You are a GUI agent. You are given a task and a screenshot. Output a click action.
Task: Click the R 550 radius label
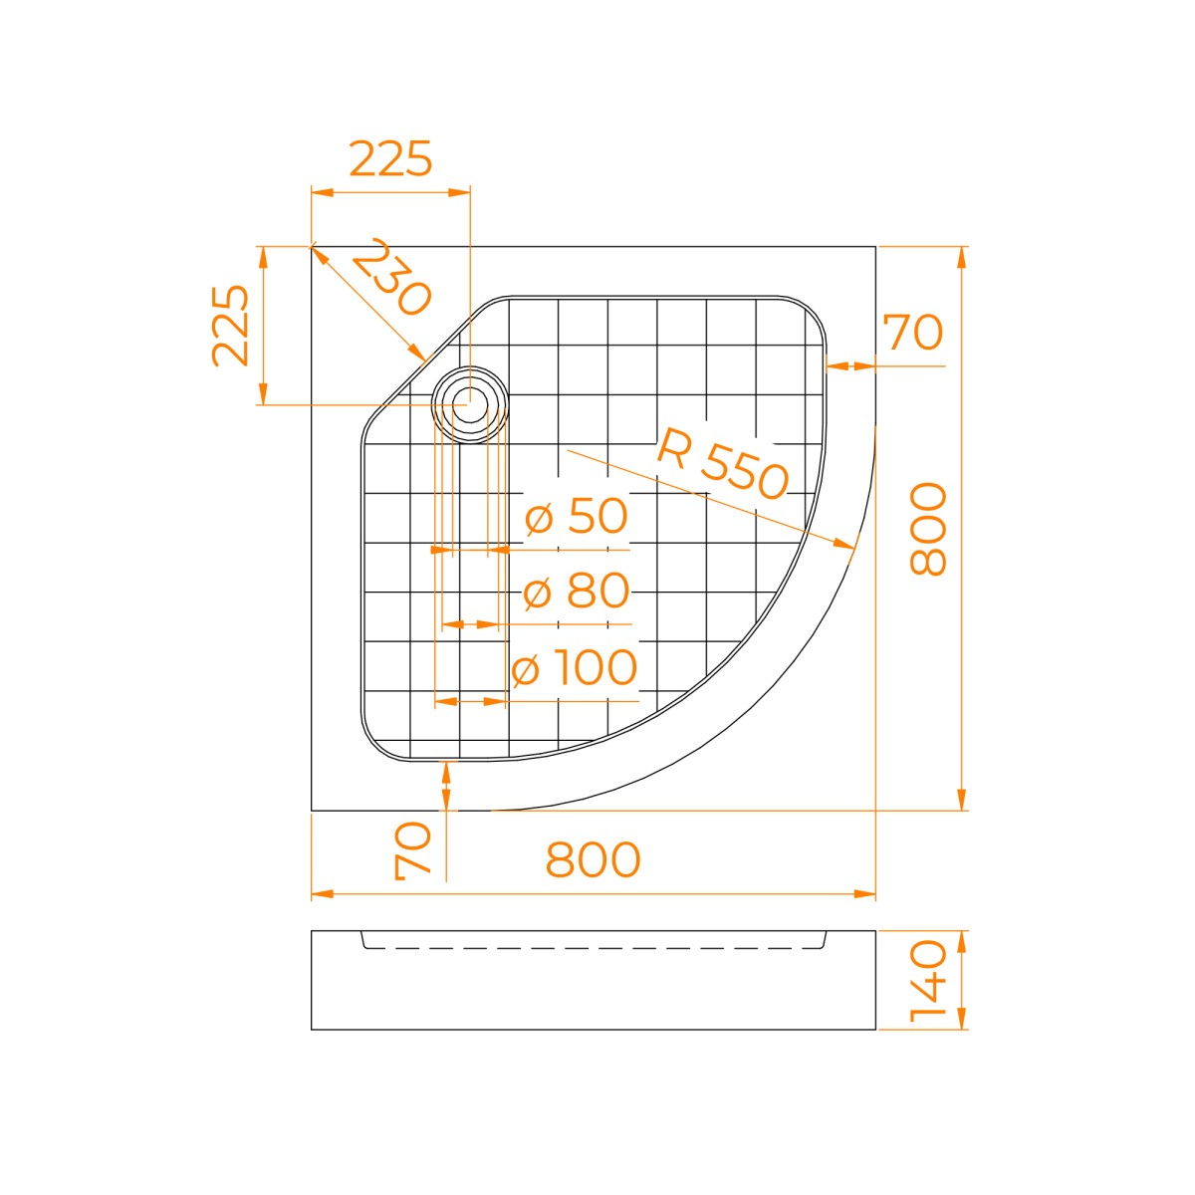[x=722, y=464]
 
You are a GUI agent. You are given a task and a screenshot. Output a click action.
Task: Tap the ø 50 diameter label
[x=577, y=515]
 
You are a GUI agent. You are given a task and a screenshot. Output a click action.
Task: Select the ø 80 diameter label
[x=577, y=591]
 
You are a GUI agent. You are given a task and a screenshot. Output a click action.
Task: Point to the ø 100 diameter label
[x=575, y=667]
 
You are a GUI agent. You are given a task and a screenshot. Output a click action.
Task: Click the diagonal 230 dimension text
[x=390, y=277]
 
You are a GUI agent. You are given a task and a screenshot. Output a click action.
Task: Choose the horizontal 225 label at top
[x=390, y=158]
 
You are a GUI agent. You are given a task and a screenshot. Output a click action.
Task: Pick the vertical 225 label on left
[x=230, y=326]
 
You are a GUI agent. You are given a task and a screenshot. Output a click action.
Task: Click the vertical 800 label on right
[x=928, y=529]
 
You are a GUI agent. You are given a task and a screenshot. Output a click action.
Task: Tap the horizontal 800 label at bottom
[x=593, y=859]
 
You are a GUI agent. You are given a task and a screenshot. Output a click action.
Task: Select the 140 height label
[x=928, y=981]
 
